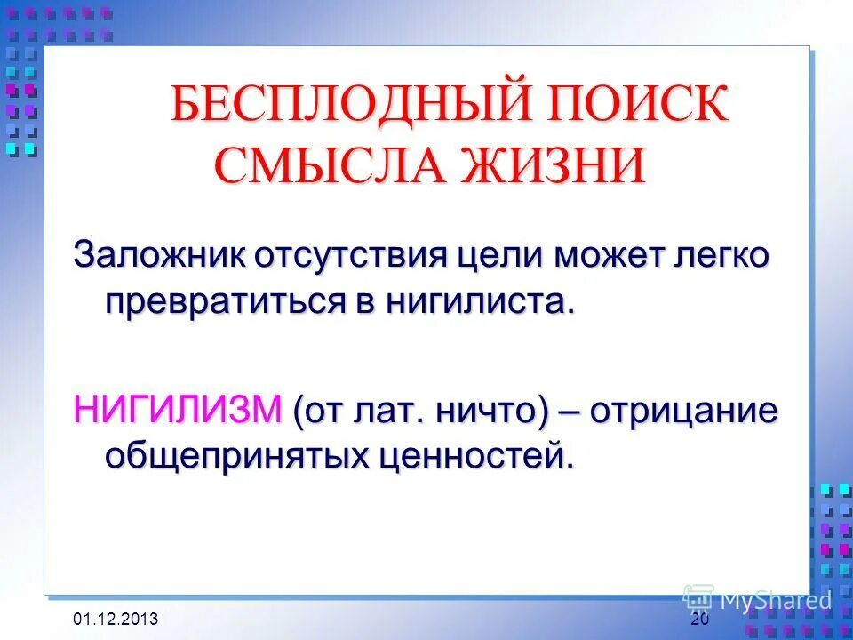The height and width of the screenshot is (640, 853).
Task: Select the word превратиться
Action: point(229,301)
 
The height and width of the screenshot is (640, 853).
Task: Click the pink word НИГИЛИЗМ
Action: point(177,411)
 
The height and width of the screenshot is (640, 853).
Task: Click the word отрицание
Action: point(684,411)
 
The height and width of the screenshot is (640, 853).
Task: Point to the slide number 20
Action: point(699,620)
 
